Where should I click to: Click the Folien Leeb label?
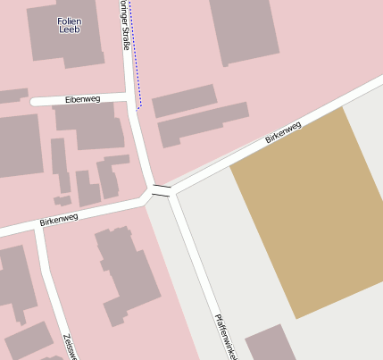(69, 25)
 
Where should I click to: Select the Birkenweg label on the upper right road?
(283, 132)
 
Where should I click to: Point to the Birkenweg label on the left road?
(59, 217)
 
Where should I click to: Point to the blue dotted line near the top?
(135, 54)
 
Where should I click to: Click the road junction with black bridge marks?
(160, 189)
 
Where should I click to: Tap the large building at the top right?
(245, 30)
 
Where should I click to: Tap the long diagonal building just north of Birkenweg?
(204, 124)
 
